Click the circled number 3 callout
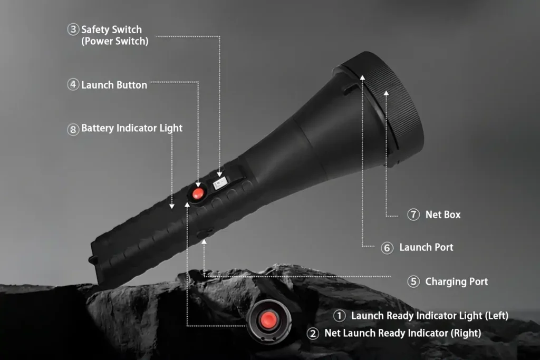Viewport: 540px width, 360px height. point(73,30)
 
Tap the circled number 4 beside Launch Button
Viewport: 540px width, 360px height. point(73,84)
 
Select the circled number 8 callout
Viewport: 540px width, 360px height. point(73,130)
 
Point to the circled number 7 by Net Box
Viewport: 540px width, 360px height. point(413,215)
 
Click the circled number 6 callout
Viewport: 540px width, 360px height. point(387,248)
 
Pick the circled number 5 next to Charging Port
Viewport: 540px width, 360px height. point(413,281)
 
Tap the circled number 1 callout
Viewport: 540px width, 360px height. point(339,316)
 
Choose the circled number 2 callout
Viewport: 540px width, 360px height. point(313,333)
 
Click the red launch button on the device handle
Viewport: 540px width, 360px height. point(198,193)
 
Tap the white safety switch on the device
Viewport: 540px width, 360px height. point(220,183)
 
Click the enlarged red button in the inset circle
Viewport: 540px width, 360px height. point(268,320)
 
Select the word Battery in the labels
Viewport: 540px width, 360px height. point(98,128)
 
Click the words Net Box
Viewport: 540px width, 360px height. point(443,215)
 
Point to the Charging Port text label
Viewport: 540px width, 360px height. point(456,281)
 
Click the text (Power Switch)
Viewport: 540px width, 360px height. point(114,41)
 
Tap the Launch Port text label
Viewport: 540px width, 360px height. point(426,247)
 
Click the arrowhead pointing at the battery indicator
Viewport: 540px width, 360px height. point(172,206)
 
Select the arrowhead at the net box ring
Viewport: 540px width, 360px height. point(387,93)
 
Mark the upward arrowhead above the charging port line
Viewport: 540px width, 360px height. point(204,242)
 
